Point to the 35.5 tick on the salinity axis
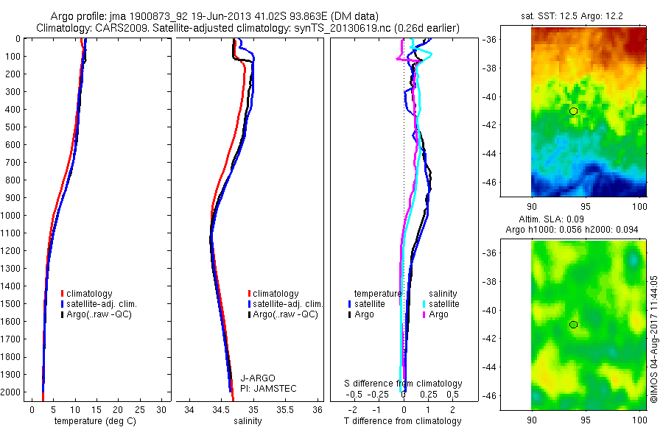tap(286, 409)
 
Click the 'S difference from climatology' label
tap(404, 384)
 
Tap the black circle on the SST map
tap(573, 111)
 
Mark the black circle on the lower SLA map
tap(573, 325)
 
